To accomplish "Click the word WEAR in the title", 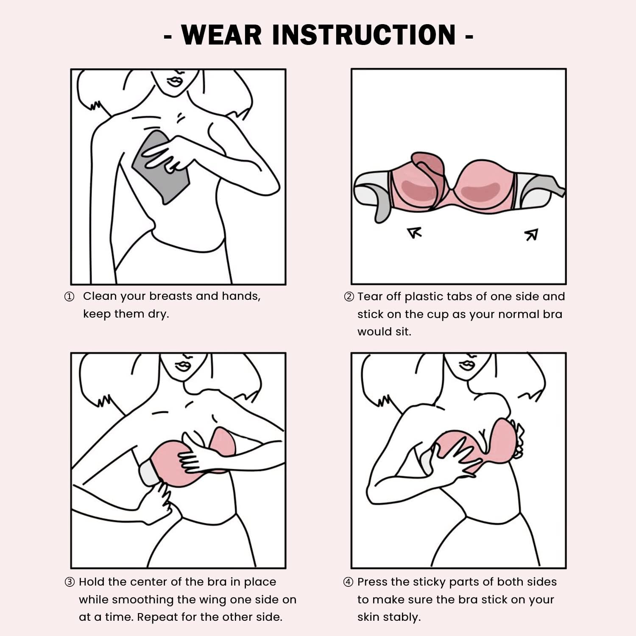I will coord(221,35).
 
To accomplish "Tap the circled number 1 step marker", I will coord(69,297).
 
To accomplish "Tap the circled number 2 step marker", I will coord(349,297).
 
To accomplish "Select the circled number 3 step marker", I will coord(70,582).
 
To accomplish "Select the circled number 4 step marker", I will coord(348,582).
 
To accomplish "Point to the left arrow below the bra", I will coord(414,233).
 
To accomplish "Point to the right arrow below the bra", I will coord(531,234).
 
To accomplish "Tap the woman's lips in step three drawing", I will coord(184,365).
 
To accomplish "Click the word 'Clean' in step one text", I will coord(100,296).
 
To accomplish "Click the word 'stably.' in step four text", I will coord(389,617).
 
